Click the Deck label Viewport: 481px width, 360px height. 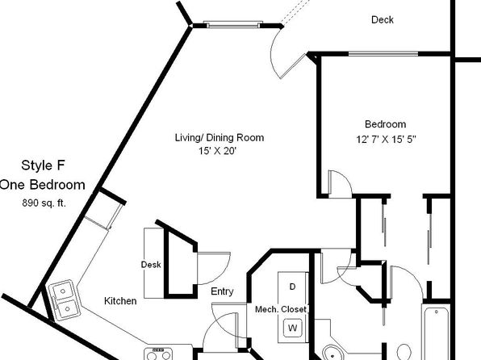pyautogui.click(x=383, y=20)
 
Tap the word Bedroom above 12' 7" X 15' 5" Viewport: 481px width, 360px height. pyautogui.click(x=385, y=124)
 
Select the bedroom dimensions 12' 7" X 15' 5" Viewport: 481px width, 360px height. pyautogui.click(x=386, y=140)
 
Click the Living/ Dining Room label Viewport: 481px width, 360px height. pyautogui.click(x=220, y=137)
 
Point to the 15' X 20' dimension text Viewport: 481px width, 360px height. pyautogui.click(x=218, y=151)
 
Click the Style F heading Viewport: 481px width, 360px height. pyautogui.click(x=44, y=165)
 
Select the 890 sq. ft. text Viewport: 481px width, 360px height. pyautogui.click(x=44, y=203)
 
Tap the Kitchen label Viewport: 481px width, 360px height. pyautogui.click(x=120, y=301)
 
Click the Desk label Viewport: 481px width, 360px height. pyautogui.click(x=151, y=265)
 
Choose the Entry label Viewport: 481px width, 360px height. pyautogui.click(x=222, y=291)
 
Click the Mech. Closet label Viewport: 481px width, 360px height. pyautogui.click(x=281, y=309)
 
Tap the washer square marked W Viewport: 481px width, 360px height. pyautogui.click(x=292, y=328)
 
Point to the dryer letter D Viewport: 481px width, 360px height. pyautogui.click(x=292, y=287)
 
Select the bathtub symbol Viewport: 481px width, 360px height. pyautogui.click(x=437, y=332)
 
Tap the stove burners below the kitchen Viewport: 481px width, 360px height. pyautogui.click(x=158, y=354)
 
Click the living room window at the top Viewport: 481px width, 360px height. pyautogui.click(x=233, y=24)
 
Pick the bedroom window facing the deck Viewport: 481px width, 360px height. pyautogui.click(x=383, y=54)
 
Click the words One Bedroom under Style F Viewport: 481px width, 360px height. pyautogui.click(x=42, y=185)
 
